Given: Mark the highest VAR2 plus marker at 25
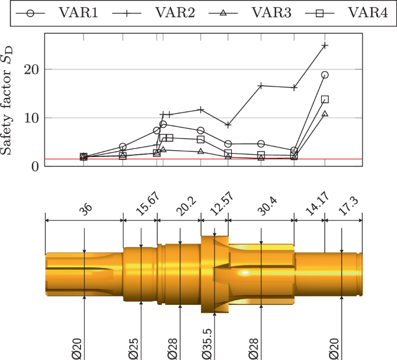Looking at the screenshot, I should point(325,45).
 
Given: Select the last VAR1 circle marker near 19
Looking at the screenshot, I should point(325,75).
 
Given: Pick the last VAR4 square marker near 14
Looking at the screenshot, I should point(325,100).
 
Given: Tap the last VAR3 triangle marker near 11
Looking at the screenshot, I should point(325,114).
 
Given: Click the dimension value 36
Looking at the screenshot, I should point(86,212).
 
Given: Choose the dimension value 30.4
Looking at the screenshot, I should point(262,210).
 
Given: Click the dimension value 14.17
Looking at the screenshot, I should point(309,209).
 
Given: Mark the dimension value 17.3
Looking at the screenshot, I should point(344,210).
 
